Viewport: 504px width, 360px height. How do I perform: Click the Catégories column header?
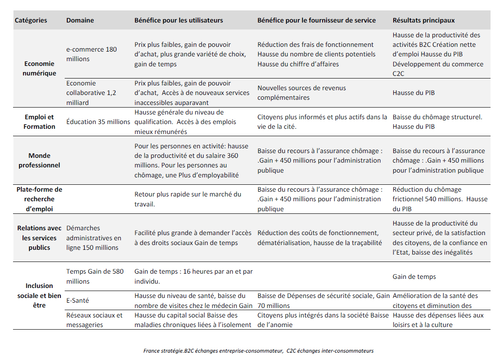(31, 20)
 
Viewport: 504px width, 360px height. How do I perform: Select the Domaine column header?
(80, 20)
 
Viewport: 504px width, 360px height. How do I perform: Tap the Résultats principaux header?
(423, 20)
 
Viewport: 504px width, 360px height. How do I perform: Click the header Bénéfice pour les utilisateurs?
(178, 20)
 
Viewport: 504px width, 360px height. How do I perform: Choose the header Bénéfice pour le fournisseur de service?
(316, 20)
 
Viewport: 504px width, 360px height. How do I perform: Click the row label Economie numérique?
(40, 69)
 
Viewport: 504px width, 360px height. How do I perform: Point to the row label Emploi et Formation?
(40, 122)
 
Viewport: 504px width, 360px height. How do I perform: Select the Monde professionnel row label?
(40, 160)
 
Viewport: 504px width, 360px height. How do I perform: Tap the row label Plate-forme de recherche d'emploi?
(40, 199)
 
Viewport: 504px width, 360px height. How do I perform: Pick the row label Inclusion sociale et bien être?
(40, 295)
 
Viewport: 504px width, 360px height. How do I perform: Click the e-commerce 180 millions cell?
(92, 54)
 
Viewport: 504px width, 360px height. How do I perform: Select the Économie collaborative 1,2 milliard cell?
(91, 93)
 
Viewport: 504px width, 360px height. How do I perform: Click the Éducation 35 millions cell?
(98, 122)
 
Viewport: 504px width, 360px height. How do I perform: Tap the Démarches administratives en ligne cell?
(94, 238)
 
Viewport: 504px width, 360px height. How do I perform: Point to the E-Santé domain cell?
(78, 300)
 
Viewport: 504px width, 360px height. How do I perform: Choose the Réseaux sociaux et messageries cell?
(95, 320)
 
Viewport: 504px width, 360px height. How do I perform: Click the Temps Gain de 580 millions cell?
(95, 276)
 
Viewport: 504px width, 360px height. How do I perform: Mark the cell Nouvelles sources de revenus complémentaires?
(302, 93)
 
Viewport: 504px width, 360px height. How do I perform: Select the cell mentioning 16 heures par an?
(194, 276)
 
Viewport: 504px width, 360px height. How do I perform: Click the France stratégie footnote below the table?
(258, 351)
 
